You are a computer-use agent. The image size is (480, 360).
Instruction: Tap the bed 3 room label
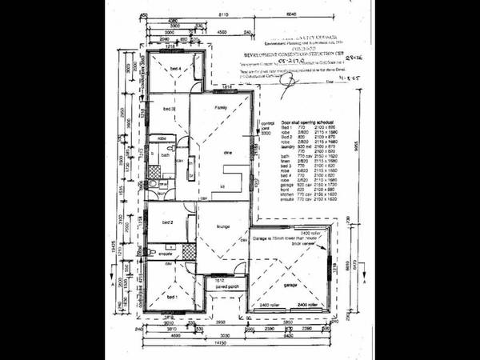168,108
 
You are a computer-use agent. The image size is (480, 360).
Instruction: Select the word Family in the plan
221,106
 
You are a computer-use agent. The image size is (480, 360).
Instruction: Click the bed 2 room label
168,222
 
